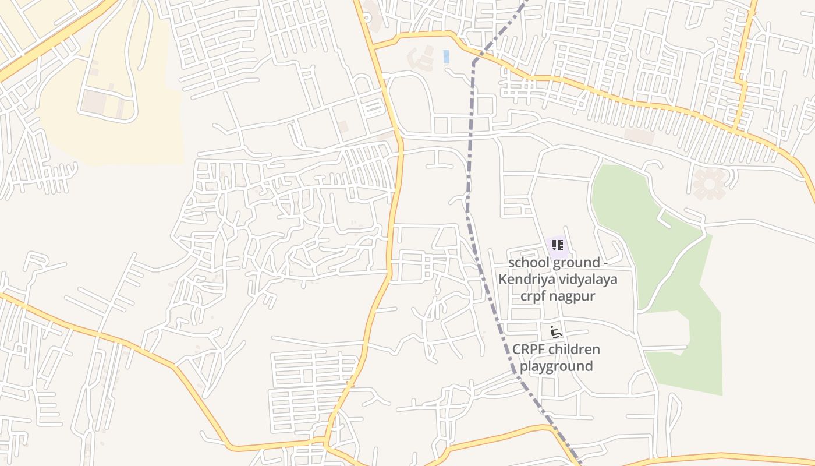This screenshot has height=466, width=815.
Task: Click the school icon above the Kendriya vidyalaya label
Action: (x=557, y=245)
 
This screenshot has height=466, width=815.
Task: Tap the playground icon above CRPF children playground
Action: (x=556, y=332)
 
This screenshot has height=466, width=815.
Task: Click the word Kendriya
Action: (x=523, y=280)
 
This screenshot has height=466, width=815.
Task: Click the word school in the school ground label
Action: (x=527, y=263)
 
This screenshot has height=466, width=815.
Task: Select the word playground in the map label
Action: (x=556, y=366)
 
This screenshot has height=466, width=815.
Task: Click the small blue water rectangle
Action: (x=447, y=57)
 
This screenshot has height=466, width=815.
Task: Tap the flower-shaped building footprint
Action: (x=709, y=183)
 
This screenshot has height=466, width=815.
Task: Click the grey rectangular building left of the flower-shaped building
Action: (x=639, y=136)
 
